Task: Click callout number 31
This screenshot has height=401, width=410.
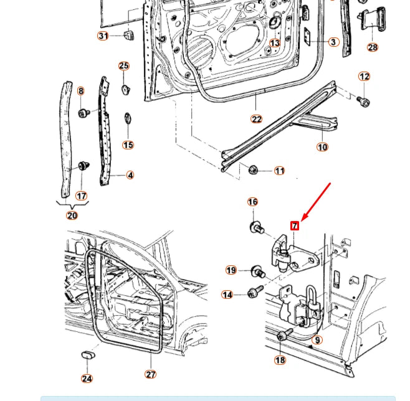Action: click(103, 35)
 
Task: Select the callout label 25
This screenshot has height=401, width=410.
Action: click(124, 66)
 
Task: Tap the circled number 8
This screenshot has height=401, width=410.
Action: click(80, 91)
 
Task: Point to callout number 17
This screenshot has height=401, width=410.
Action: click(81, 196)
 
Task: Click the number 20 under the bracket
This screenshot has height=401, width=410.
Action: click(72, 215)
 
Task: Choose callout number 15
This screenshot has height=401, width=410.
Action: click(128, 145)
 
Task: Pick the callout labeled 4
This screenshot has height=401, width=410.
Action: click(130, 175)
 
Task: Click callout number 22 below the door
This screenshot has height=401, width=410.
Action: click(257, 119)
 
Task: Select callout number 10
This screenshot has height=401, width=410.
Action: click(322, 147)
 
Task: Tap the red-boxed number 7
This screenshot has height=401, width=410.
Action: click(295, 225)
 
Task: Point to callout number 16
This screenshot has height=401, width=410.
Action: click(252, 202)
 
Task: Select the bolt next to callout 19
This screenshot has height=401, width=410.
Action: click(257, 273)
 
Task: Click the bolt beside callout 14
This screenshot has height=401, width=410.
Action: click(254, 292)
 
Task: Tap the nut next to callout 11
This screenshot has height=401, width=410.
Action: click(253, 169)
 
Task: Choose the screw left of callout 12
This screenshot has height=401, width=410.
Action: click(363, 101)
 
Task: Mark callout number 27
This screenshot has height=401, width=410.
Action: click(151, 374)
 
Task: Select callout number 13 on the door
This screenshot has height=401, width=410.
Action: click(275, 43)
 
